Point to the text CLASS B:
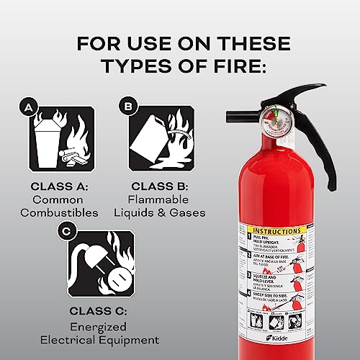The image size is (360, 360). click(x=161, y=186)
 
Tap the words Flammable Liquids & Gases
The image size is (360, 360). click(x=161, y=206)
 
